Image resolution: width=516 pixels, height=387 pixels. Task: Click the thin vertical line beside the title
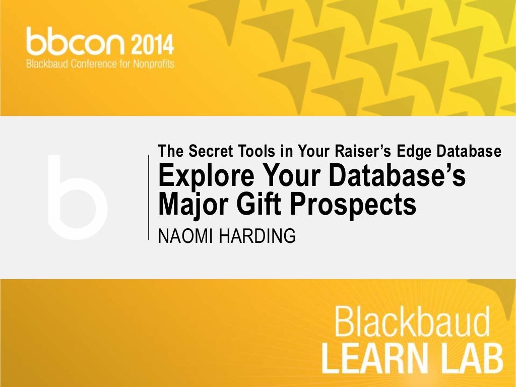pyautogui.click(x=149, y=197)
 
